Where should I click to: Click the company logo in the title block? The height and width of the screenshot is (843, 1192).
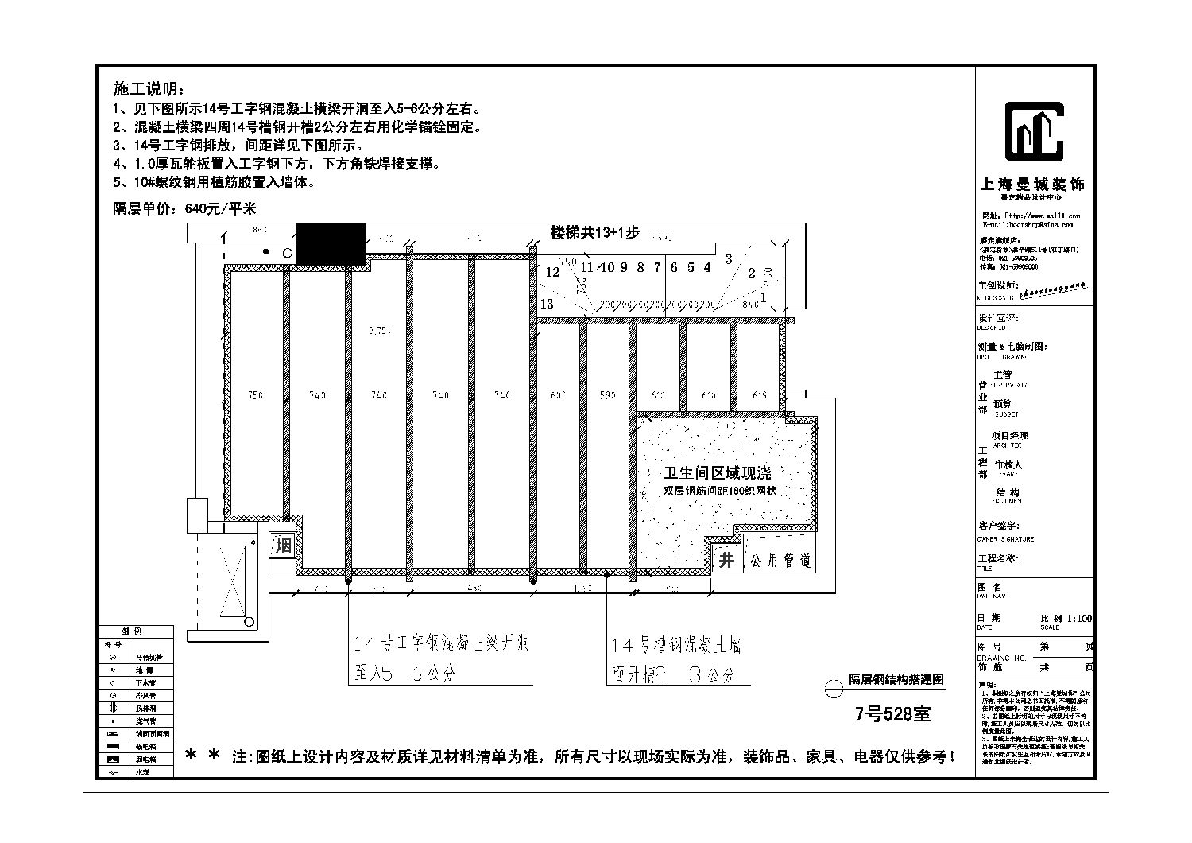click(1034, 132)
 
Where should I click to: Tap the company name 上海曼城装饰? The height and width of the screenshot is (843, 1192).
click(1033, 184)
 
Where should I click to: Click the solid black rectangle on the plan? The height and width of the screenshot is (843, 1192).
click(331, 243)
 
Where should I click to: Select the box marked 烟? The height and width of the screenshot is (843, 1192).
click(284, 546)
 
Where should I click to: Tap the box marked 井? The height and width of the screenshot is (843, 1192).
click(726, 560)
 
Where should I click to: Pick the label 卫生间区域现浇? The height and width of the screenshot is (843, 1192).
click(718, 473)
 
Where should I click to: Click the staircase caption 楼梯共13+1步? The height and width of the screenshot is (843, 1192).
click(595, 233)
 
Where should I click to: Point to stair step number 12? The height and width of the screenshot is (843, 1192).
click(552, 272)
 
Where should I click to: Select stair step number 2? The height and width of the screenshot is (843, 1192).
click(752, 274)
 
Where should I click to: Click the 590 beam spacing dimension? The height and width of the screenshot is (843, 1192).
click(608, 395)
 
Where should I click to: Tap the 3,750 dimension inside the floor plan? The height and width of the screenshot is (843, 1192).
click(380, 331)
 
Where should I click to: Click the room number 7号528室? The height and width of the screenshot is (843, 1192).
click(892, 713)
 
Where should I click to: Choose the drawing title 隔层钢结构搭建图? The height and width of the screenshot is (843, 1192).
click(896, 680)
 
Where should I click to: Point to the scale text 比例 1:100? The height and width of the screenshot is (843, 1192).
click(1066, 618)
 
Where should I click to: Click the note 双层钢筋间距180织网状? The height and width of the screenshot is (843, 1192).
click(719, 491)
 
